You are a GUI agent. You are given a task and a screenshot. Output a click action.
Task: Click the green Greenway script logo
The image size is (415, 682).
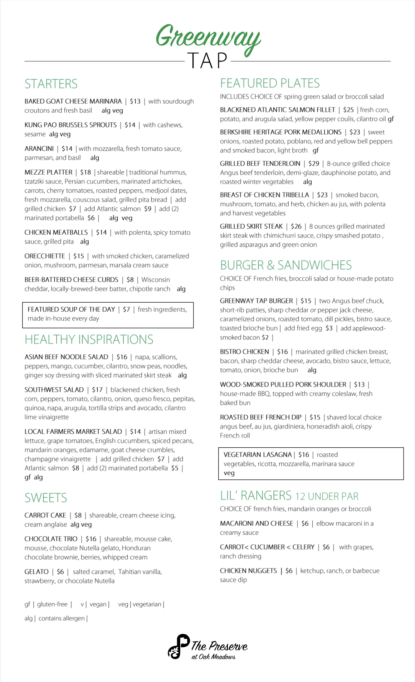pyautogui.click(x=208, y=38)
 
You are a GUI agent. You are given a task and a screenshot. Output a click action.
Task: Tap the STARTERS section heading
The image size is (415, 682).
pyautogui.click(x=51, y=84)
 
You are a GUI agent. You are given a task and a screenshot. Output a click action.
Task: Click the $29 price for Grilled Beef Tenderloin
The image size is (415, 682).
pyautogui.click(x=313, y=164)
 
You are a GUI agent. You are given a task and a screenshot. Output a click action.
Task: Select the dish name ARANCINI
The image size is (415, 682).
pyautogui.click(x=39, y=148)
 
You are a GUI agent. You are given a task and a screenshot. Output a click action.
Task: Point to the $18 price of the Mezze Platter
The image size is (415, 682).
pyautogui.click(x=86, y=172)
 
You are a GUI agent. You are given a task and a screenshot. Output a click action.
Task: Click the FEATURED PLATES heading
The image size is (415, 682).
pyautogui.click(x=270, y=83)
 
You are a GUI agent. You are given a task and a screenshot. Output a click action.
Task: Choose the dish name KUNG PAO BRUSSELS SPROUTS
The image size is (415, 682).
pyautogui.click(x=70, y=125)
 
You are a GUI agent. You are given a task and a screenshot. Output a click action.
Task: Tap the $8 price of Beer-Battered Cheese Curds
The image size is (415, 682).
pyautogui.click(x=130, y=279)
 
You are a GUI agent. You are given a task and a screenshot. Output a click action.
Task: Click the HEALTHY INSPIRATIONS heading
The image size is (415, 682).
pyautogui.click(x=89, y=339)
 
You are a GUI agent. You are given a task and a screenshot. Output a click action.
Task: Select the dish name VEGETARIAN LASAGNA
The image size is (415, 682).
pyautogui.click(x=258, y=454)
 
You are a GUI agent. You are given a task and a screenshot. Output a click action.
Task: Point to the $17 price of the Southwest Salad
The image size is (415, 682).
pyautogui.click(x=97, y=390)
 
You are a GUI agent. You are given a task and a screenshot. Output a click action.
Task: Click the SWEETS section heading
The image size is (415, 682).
pyautogui.click(x=46, y=498)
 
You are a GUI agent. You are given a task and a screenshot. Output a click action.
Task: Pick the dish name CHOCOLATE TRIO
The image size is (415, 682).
pyautogui.click(x=51, y=539)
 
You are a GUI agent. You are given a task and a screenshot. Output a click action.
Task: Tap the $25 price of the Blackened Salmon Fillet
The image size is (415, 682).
pyautogui.click(x=348, y=110)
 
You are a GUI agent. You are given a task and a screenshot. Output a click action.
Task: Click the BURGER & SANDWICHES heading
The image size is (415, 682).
pyautogui.click(x=286, y=265)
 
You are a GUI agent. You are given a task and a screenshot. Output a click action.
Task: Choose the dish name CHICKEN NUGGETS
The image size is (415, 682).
pyautogui.click(x=248, y=571)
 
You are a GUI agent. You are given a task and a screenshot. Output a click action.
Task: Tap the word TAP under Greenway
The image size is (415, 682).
pyautogui.click(x=207, y=60)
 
